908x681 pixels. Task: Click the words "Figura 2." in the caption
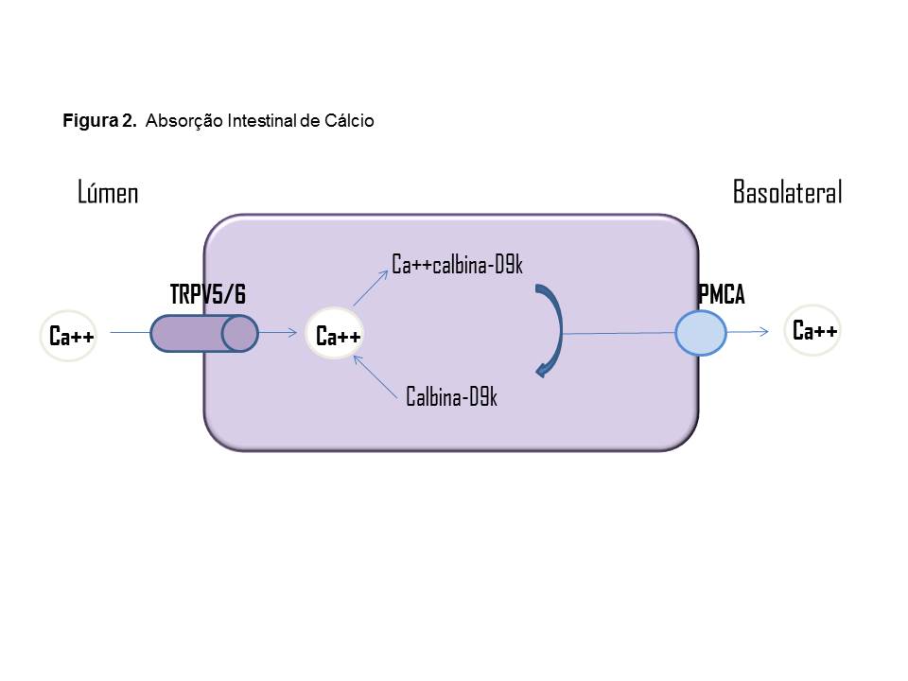[x=100, y=121]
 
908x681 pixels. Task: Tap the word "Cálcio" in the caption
[x=352, y=121]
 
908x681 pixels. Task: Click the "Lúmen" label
[x=108, y=193]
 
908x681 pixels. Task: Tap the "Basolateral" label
[x=787, y=193]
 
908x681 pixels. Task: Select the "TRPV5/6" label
[x=207, y=295]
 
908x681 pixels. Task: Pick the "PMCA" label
[x=721, y=295]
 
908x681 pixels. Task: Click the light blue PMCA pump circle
[x=701, y=334]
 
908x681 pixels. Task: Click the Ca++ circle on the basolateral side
[x=814, y=331]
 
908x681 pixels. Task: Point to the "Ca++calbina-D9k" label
[x=457, y=265]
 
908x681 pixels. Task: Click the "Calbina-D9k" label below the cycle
[x=451, y=396]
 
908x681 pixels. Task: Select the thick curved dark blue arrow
[x=552, y=331]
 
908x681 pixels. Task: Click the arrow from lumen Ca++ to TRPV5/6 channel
[x=129, y=333]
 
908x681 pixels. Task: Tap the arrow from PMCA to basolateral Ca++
[x=747, y=332]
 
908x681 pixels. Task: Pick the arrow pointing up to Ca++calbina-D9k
[x=372, y=287]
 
